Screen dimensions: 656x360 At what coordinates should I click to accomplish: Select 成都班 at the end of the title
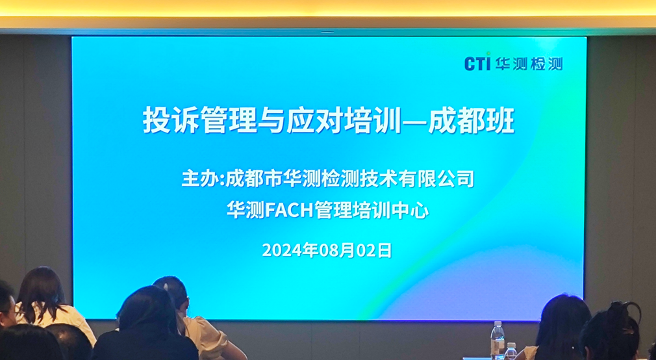[472, 120]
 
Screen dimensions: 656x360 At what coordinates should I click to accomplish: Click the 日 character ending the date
[385, 250]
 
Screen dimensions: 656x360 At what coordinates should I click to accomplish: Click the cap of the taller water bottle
[498, 324]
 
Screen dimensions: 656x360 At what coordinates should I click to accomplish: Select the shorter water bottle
[511, 352]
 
